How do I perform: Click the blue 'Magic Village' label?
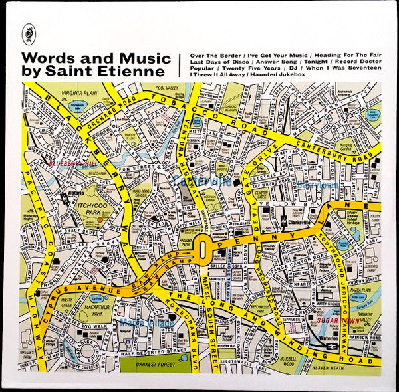[148, 323]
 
